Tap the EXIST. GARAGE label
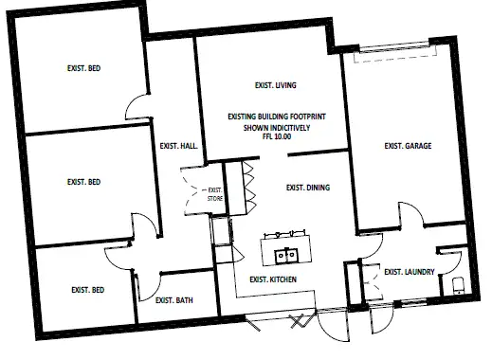[x=407, y=146]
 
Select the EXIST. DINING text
[x=307, y=188]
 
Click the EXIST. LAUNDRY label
[x=410, y=273]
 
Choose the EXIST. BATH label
[x=173, y=301]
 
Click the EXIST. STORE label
[x=215, y=195]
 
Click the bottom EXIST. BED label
[x=84, y=290]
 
